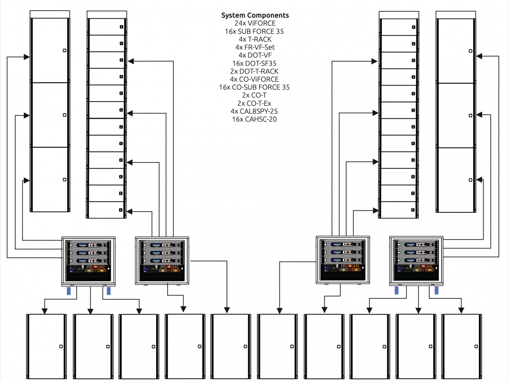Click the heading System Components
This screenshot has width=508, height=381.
(255, 15)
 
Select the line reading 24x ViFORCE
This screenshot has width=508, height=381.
(255, 23)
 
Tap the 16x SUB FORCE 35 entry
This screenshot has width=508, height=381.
(254, 31)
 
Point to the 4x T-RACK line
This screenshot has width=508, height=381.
(255, 39)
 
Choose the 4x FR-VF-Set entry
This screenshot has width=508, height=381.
(255, 47)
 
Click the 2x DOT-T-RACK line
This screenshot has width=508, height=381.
(255, 71)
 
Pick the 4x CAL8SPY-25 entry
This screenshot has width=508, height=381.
(255, 111)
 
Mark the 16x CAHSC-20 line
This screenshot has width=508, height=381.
(255, 119)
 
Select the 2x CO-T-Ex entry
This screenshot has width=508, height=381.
(255, 103)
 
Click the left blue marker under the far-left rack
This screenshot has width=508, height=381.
(69, 291)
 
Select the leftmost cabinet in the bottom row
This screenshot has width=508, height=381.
(46, 346)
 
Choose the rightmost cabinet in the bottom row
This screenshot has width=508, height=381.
(461, 346)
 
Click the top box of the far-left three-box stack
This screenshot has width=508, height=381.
(50, 50)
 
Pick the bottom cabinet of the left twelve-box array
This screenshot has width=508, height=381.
(106, 210)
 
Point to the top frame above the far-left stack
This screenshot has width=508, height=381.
(50, 14)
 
